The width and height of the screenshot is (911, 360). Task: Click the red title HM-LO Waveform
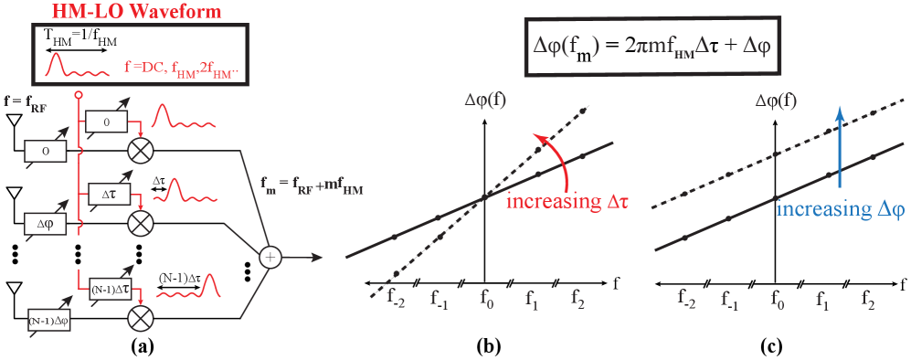pyautogui.click(x=137, y=11)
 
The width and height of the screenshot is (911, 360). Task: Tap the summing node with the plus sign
pyautogui.click(x=270, y=258)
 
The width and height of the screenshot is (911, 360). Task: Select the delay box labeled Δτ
pyautogui.click(x=108, y=194)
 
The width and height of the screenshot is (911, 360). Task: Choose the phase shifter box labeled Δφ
pyautogui.click(x=45, y=221)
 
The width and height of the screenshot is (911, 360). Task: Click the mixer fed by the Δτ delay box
pyautogui.click(x=140, y=222)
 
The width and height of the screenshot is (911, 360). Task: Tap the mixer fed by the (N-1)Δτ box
pyautogui.click(x=140, y=318)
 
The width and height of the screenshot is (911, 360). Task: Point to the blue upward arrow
pyautogui.click(x=839, y=146)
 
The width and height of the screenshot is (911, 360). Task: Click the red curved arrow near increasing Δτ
pyautogui.click(x=547, y=146)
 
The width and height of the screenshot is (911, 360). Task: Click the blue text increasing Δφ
pyautogui.click(x=840, y=208)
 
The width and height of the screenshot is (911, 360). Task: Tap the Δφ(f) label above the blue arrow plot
pyautogui.click(x=776, y=101)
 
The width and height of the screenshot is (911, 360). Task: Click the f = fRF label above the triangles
pyautogui.click(x=24, y=103)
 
